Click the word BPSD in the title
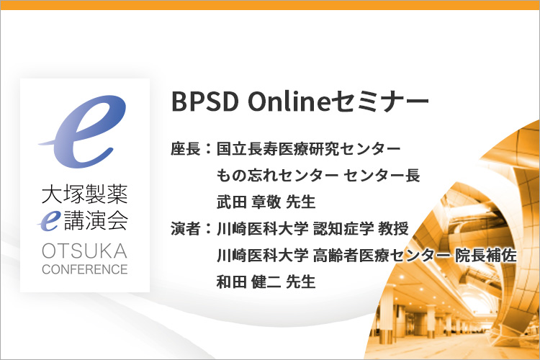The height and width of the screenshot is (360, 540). [x=205, y=102]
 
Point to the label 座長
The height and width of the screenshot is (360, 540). [x=186, y=149]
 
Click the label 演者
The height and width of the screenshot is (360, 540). [x=186, y=228]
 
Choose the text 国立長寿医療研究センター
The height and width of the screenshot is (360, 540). [x=309, y=149]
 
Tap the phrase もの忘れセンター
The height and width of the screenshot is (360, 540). [x=277, y=176]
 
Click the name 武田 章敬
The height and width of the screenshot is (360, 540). [x=248, y=202]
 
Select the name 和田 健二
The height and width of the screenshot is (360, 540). [x=248, y=282]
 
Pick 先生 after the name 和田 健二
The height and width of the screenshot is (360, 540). [x=301, y=282]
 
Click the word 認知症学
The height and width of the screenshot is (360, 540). [x=343, y=228]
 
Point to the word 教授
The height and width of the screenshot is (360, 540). [x=393, y=228]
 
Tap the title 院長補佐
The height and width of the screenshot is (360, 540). [x=485, y=256]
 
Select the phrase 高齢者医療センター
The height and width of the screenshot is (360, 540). [x=381, y=256]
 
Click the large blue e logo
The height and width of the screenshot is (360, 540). [x=83, y=131]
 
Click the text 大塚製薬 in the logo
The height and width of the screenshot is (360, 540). [x=85, y=194]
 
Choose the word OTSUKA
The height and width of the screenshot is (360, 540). [x=85, y=251]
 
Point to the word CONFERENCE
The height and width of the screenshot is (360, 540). [x=85, y=269]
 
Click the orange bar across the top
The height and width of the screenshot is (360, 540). [x=270, y=5]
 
